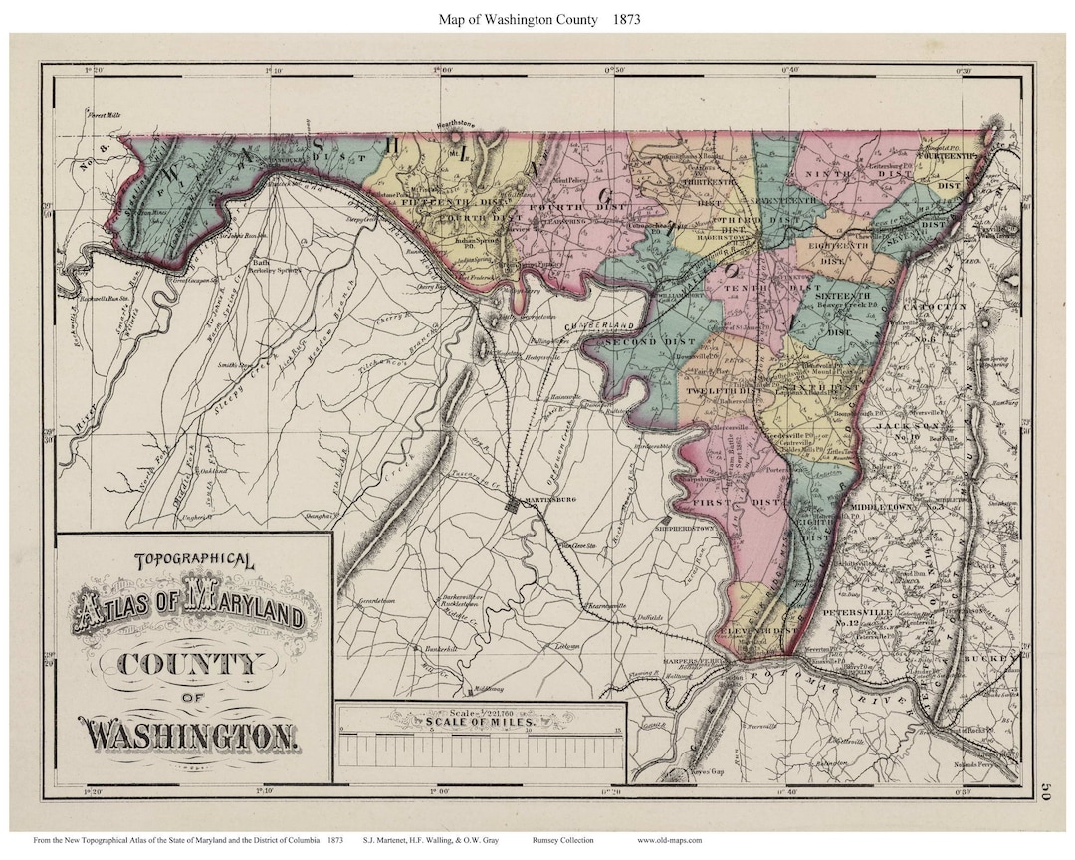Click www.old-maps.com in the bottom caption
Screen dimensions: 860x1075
point(669,841)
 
